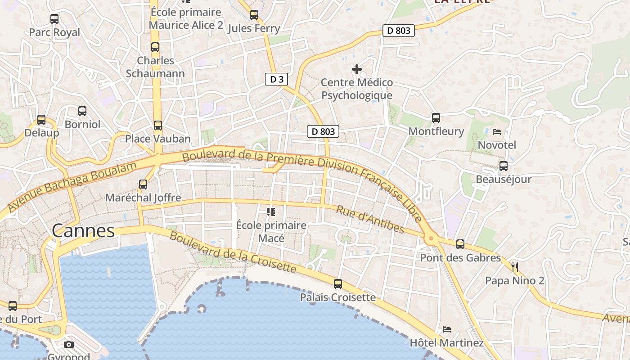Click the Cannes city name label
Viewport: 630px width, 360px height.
coord(83,231)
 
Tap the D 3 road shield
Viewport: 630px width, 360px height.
coord(276,80)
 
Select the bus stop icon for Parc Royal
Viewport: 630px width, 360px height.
coord(54,19)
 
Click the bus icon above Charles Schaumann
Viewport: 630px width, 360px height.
coord(155,47)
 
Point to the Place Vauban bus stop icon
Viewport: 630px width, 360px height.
coord(158,126)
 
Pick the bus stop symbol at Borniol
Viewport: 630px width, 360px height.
coord(82,111)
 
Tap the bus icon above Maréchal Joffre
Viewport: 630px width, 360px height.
coord(143,184)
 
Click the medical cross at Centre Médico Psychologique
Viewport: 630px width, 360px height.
coord(357,69)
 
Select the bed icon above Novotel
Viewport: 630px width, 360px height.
coord(497,132)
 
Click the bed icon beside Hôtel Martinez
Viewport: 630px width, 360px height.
coord(446,329)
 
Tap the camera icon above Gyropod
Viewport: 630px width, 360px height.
coord(69,345)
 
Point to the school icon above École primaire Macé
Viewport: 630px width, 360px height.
coord(271,211)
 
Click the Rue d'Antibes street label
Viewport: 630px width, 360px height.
coord(370,220)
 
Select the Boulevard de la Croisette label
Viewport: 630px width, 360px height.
coord(233,253)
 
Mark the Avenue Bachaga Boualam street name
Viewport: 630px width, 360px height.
coord(72,186)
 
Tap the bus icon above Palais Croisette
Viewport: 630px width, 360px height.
coord(338,284)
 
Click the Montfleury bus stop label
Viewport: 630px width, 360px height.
coord(436,131)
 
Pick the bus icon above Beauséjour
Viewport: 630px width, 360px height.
coord(504,166)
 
